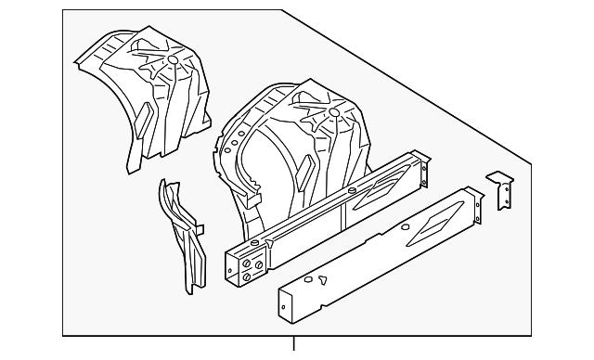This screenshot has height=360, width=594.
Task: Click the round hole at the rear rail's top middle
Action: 355,190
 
